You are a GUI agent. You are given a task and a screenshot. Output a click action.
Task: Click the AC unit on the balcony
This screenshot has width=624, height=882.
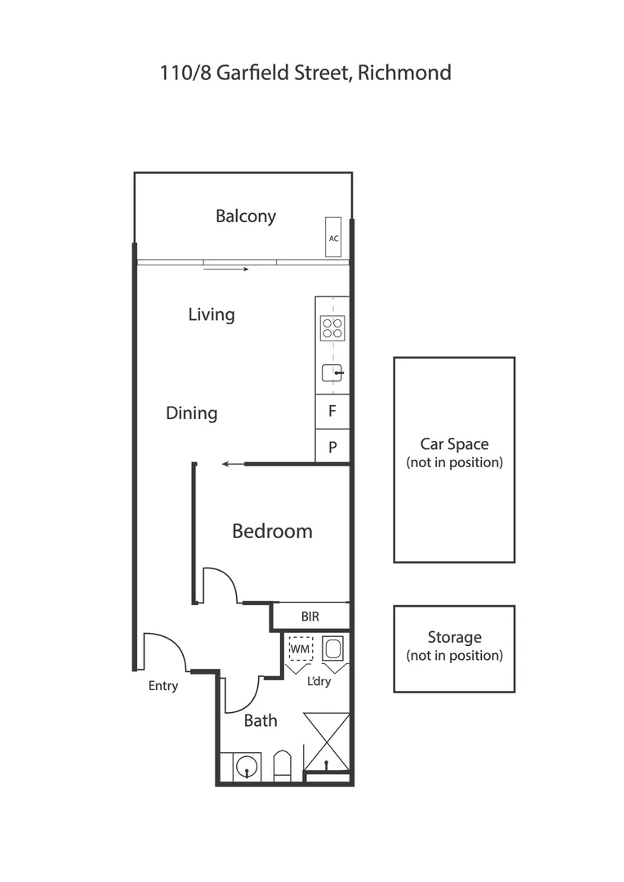(x=333, y=238)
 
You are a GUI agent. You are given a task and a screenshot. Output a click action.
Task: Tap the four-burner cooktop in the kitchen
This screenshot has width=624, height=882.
(x=332, y=328)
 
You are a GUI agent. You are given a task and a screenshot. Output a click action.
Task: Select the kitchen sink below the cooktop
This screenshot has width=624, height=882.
(x=332, y=373)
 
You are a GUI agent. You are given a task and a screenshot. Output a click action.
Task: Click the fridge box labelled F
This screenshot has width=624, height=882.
(x=332, y=412)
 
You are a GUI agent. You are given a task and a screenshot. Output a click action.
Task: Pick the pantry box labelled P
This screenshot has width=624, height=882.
(x=332, y=447)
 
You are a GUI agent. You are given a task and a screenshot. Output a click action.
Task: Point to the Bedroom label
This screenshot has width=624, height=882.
(x=272, y=532)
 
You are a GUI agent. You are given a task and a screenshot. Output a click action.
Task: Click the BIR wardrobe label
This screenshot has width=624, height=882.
(x=310, y=617)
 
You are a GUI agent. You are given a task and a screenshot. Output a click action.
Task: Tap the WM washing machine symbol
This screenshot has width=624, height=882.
(x=301, y=649)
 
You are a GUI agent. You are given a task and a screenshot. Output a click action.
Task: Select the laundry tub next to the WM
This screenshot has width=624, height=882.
(x=333, y=649)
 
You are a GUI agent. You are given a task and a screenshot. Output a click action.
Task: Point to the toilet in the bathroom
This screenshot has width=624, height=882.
(x=282, y=766)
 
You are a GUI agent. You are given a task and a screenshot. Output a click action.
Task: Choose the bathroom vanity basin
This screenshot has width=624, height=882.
(x=243, y=767)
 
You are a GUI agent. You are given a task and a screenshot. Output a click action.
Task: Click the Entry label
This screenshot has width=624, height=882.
(x=163, y=686)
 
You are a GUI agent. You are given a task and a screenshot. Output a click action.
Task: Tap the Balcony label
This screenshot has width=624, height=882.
(x=246, y=216)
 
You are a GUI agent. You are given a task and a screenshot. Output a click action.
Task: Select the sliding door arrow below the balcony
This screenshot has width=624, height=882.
(x=226, y=268)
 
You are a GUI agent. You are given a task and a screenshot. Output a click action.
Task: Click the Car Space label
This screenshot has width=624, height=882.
(x=454, y=444)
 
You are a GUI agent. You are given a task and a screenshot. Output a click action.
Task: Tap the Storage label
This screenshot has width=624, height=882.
(x=454, y=637)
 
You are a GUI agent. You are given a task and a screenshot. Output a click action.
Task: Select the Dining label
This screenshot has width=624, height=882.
(x=192, y=413)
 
